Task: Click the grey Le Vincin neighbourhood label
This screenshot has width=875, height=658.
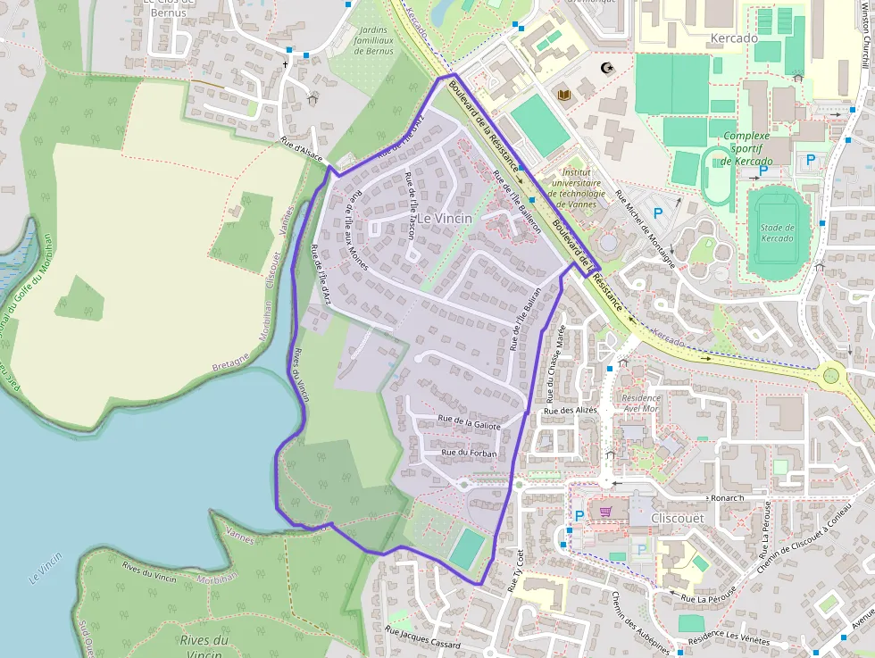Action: (x=445, y=218)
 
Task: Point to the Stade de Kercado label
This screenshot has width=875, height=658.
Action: (x=778, y=233)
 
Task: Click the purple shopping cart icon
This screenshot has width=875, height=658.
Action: (x=606, y=512)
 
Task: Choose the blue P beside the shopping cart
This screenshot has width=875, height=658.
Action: (x=579, y=515)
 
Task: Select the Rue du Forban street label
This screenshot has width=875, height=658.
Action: (x=469, y=454)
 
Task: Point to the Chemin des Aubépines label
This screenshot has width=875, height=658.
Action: (x=640, y=621)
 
